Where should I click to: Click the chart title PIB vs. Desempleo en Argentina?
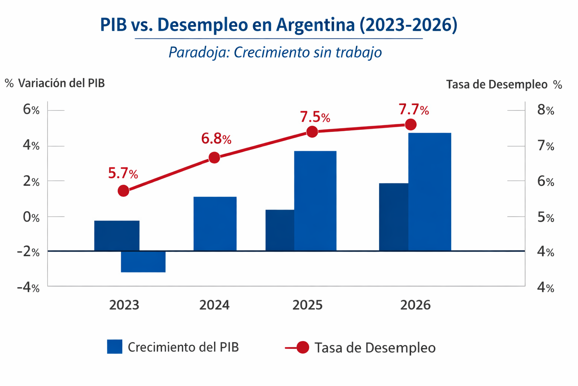278,25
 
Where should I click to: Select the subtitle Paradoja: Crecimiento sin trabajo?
275,52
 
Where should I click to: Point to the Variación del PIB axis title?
55,83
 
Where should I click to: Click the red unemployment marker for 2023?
123,191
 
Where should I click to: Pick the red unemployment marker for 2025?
312,132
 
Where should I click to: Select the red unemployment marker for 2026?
411,124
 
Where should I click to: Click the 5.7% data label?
123,173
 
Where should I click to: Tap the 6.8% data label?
216,139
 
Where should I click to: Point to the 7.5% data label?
315,117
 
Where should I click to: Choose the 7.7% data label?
414,110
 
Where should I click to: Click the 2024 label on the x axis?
214,305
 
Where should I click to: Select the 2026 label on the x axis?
415,305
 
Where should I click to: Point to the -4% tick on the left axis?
28,288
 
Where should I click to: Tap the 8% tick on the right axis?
546,110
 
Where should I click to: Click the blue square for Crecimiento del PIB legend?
115,347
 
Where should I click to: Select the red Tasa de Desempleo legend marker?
303,347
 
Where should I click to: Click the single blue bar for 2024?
215,224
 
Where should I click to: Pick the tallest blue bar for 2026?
430,191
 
